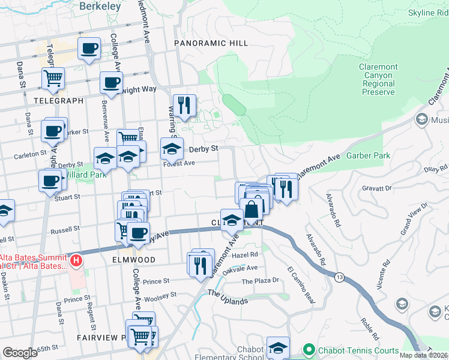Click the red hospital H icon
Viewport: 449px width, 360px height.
77,261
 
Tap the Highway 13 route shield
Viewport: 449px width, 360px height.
340,277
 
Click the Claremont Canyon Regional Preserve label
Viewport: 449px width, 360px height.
378,80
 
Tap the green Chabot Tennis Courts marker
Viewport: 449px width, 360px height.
309,350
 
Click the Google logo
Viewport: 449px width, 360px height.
20,353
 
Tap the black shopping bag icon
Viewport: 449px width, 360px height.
252,209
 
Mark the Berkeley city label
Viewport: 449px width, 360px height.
98,5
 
